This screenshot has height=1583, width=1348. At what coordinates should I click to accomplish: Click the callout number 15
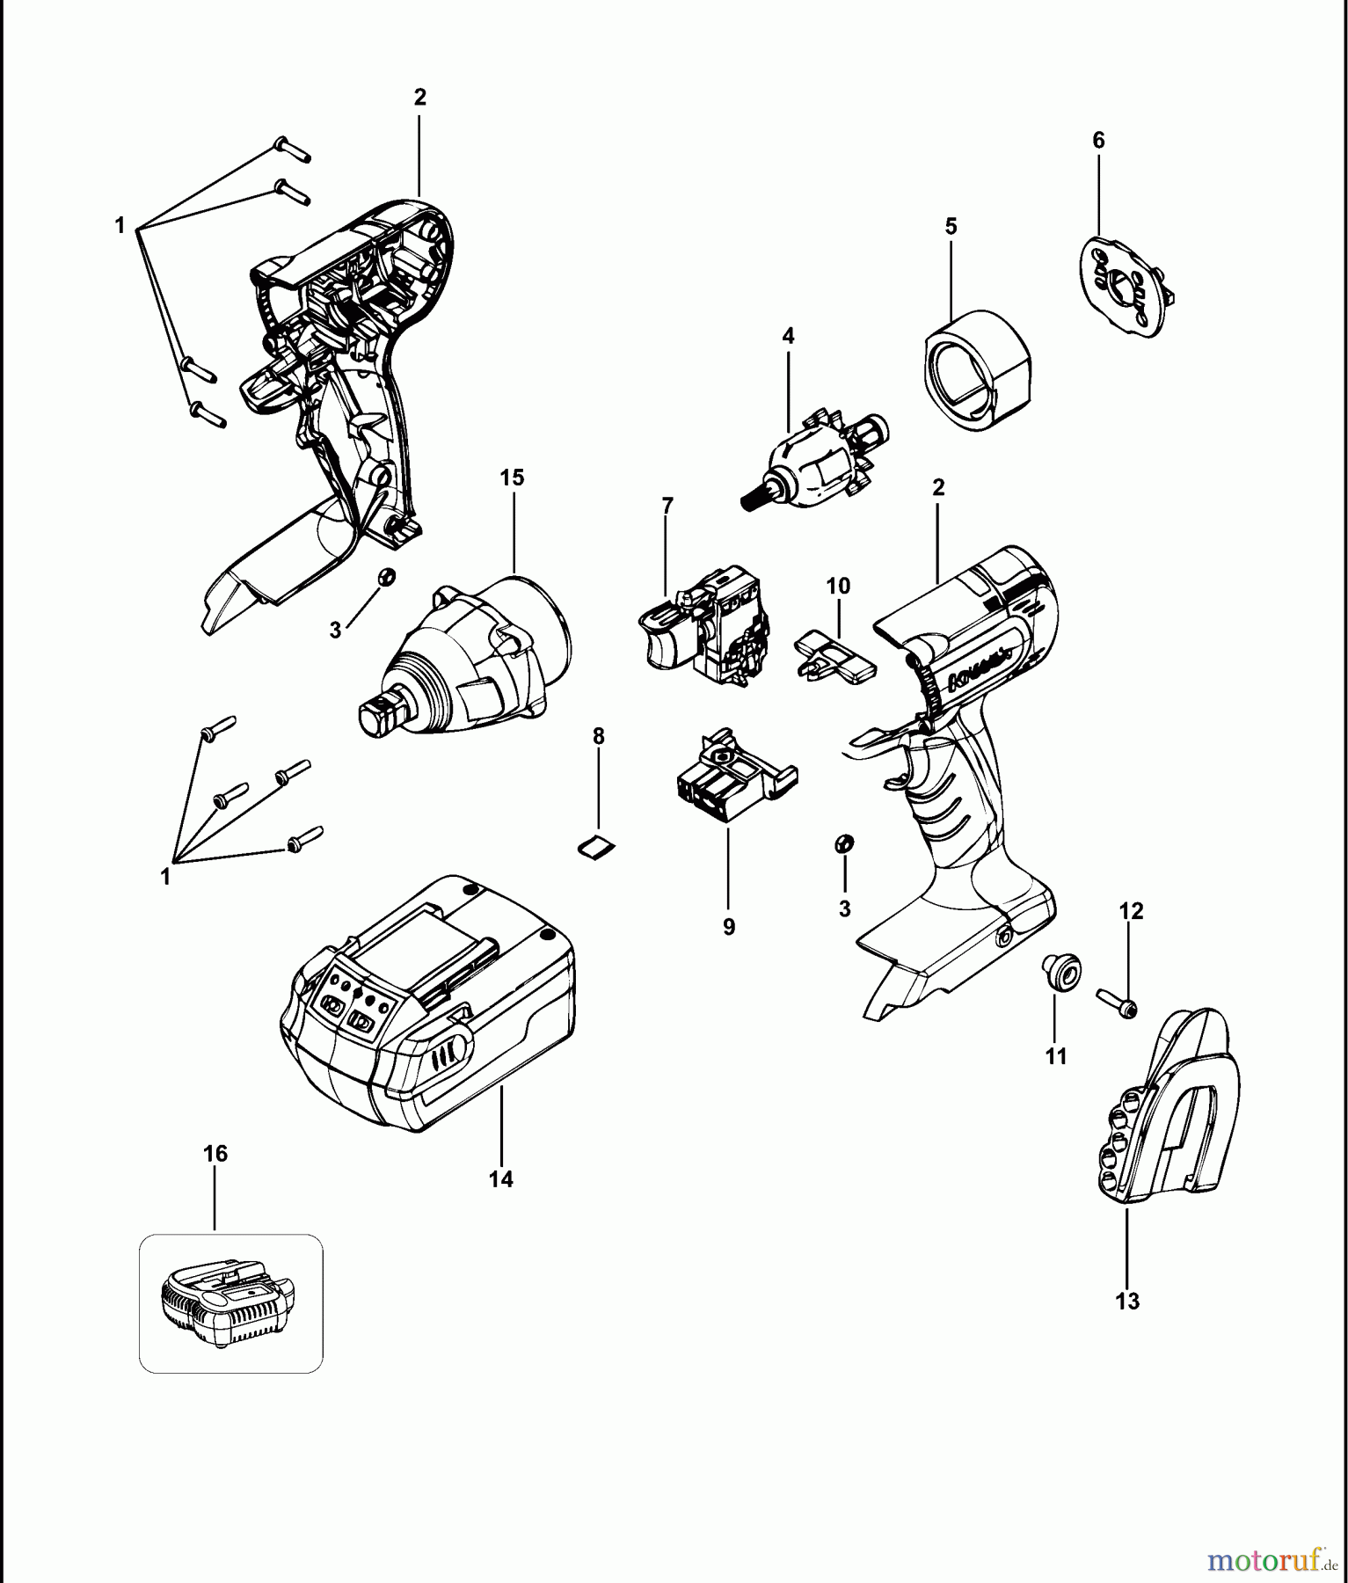(x=512, y=478)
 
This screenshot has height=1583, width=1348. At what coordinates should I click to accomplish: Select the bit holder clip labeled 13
(x=1165, y=1112)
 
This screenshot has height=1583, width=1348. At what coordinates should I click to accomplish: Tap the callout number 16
(x=215, y=1153)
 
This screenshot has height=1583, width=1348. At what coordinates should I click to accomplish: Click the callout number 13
(x=1127, y=1301)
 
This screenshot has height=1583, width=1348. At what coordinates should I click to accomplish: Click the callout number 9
(x=729, y=927)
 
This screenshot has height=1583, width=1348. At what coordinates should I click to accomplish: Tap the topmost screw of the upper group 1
(x=293, y=150)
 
